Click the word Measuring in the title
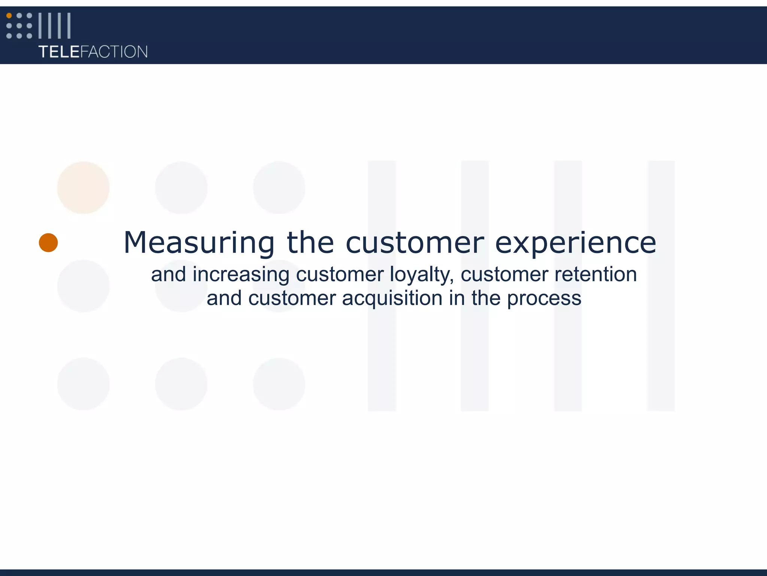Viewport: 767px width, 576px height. pyautogui.click(x=199, y=243)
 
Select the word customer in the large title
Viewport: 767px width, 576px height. pyautogui.click(x=415, y=243)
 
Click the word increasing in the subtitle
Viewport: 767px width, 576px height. pyautogui.click(x=241, y=275)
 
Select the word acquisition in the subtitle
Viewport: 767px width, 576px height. pyautogui.click(x=392, y=298)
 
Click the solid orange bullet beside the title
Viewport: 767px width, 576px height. pyautogui.click(x=48, y=243)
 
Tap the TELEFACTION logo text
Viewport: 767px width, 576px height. pyautogui.click(x=93, y=52)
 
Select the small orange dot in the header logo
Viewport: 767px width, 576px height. pyautogui.click(x=9, y=16)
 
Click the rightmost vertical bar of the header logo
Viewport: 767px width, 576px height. pyautogui.click(x=69, y=25)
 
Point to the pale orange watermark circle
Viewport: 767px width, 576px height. pyautogui.click(x=83, y=187)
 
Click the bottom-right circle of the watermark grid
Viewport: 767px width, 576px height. pyautogui.click(x=279, y=384)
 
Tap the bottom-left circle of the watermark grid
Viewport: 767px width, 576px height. pyautogui.click(x=83, y=384)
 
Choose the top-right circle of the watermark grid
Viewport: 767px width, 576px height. pyautogui.click(x=279, y=187)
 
